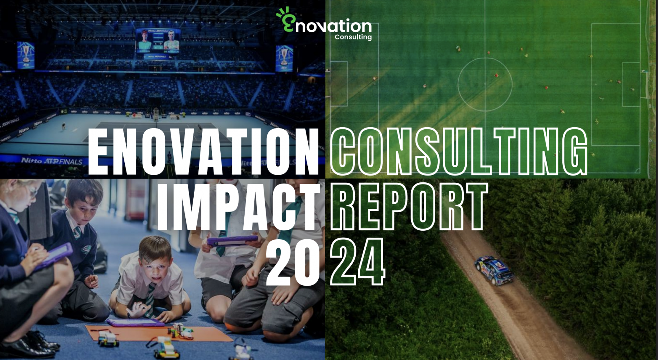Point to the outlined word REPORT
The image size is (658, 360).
(409, 206)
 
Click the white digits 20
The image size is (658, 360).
(293, 261)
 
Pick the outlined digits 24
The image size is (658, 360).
(358, 261)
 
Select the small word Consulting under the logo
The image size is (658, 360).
(353, 37)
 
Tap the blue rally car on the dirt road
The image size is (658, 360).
(494, 270)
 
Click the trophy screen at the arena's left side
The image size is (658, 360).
(26, 55)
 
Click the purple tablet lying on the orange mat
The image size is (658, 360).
(135, 322)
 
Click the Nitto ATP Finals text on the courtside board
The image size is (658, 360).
(52, 161)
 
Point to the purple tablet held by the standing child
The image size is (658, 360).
(232, 240)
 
